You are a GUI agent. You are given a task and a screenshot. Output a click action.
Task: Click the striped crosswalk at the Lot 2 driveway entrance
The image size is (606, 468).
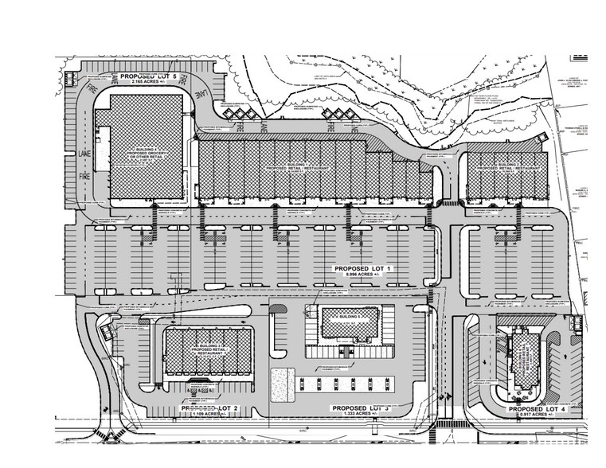103,436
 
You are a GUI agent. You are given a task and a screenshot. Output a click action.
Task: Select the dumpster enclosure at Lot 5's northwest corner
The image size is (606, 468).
68,78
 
